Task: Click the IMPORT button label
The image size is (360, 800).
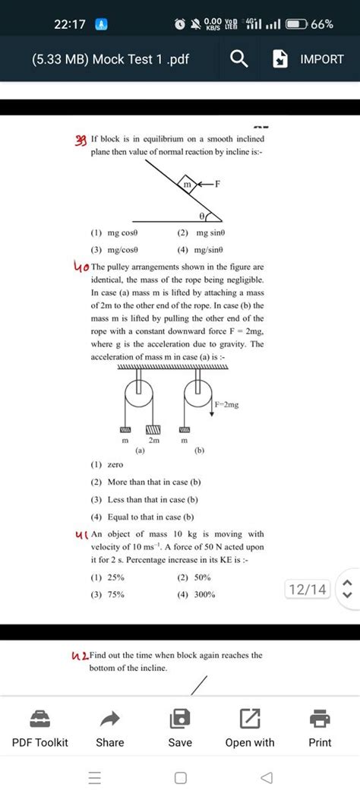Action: coord(322,59)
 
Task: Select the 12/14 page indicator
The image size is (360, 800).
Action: coord(308,589)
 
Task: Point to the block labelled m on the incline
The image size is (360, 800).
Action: coord(187,184)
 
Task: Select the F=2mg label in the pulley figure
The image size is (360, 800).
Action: coord(226,405)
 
